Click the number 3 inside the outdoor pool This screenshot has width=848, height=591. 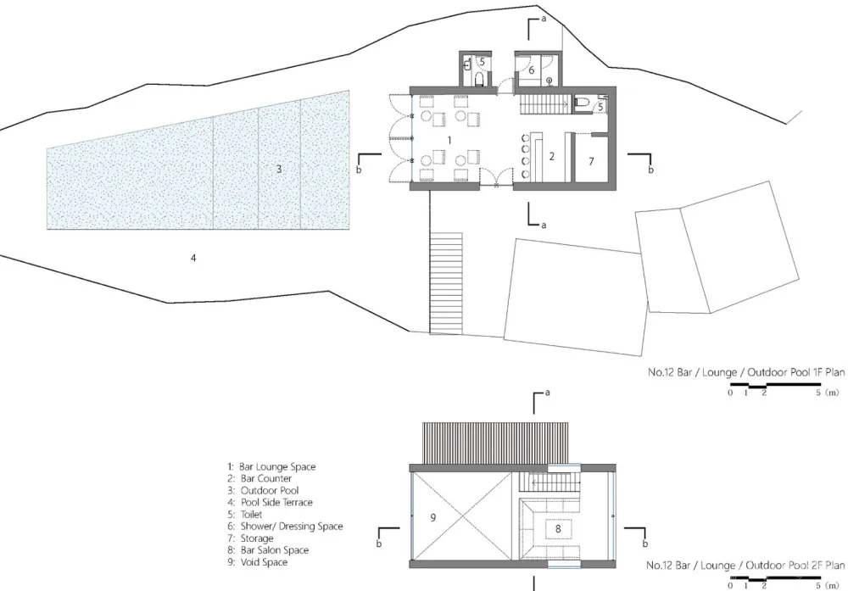click(279, 170)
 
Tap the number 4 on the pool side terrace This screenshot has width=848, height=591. click(193, 258)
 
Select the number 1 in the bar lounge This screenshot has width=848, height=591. click(449, 141)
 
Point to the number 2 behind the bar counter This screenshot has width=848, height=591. click(552, 156)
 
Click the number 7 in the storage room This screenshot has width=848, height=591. click(591, 161)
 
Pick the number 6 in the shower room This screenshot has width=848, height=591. click(531, 70)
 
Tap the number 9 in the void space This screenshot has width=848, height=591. click(432, 518)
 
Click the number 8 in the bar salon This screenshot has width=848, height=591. click(558, 529)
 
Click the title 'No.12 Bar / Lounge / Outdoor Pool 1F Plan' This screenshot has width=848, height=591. click(746, 372)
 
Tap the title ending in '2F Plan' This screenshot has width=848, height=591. click(745, 565)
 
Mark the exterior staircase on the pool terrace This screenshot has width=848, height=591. click(446, 283)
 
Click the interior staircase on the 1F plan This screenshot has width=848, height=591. click(545, 103)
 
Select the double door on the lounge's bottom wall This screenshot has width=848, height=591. click(496, 178)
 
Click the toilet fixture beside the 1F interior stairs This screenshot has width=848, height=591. click(580, 102)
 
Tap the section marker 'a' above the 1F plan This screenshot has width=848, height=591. click(544, 19)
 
